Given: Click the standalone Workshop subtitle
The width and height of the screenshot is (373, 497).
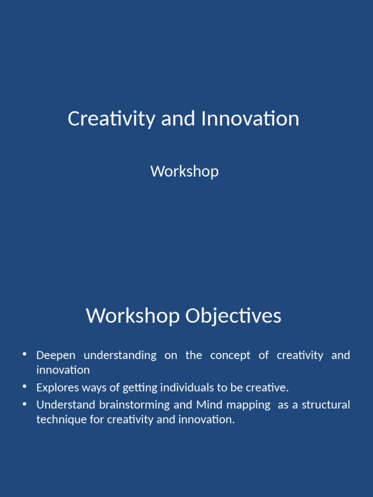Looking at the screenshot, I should (185, 171).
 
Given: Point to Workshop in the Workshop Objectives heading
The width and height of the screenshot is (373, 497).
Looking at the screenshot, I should (132, 316).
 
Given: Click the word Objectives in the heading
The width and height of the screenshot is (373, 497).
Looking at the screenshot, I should (233, 316).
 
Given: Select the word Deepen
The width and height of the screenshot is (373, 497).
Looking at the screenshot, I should (55, 355).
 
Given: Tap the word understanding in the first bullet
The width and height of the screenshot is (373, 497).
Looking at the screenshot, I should (120, 355).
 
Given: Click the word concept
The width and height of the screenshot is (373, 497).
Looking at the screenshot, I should (230, 355).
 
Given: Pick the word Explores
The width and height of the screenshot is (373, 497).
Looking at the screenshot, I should (55, 387).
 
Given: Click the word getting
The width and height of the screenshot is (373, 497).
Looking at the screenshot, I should (137, 387).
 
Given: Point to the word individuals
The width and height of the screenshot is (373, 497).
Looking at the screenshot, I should (185, 387).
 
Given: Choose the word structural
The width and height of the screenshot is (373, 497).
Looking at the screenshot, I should (326, 405).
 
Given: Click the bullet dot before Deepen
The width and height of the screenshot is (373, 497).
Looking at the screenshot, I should (24, 354).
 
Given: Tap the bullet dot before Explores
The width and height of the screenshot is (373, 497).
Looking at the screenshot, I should (24, 387).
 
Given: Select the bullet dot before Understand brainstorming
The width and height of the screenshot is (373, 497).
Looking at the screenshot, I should (24, 404).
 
